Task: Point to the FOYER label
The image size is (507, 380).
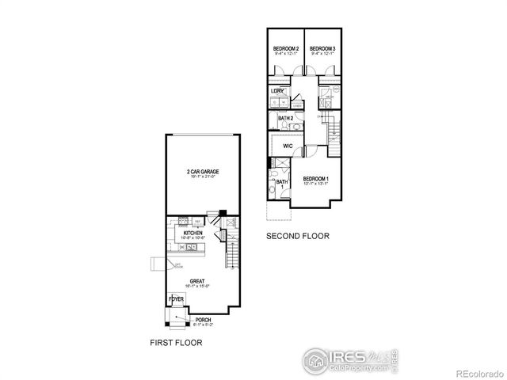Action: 176,298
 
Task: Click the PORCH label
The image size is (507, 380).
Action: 193,320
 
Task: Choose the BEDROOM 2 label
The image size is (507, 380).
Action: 285,49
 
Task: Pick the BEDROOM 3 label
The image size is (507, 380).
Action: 322,49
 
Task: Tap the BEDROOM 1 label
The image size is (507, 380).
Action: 316,179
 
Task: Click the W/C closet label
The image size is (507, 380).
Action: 288,146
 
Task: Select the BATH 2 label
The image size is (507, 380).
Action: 285,119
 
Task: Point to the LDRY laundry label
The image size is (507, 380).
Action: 277,91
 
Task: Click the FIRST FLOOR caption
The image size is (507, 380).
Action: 176,344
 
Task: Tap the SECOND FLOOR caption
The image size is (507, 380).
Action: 297,236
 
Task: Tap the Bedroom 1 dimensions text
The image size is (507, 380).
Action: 316,184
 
